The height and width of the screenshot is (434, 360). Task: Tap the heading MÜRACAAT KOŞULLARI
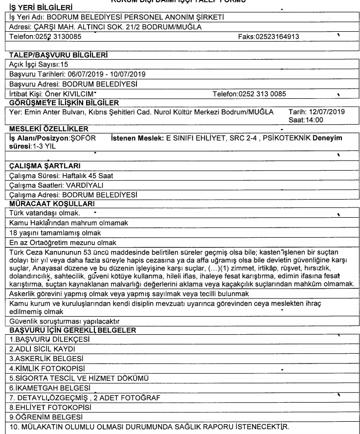coord(46,203)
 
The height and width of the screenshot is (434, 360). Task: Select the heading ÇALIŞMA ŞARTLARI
coord(41,166)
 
